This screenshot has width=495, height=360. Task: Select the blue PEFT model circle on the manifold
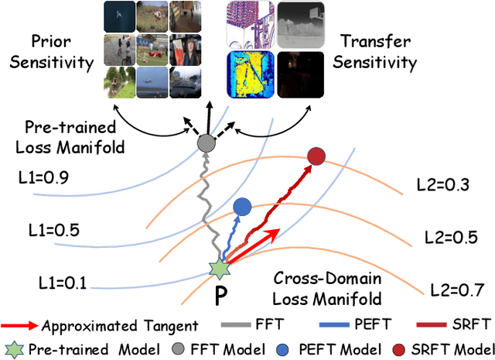point(242,207)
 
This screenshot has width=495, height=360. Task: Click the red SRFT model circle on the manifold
point(316,157)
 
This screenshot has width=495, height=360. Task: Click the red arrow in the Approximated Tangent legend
point(21,324)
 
